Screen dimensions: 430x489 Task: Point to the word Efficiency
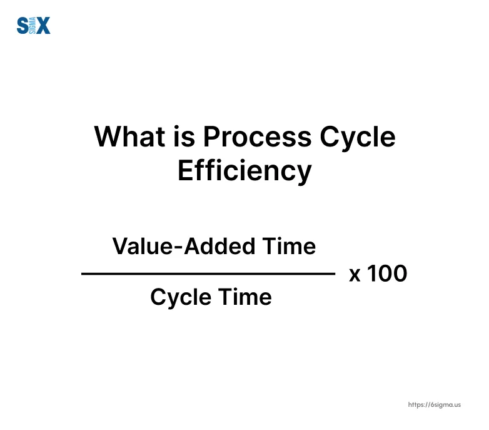tap(244, 171)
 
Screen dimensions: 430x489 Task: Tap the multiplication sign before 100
tap(355, 274)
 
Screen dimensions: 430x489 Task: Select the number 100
tap(386, 274)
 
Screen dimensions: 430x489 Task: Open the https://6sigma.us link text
tap(434, 405)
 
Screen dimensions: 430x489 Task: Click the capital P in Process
tap(211, 137)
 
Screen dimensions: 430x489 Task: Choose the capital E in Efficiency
tap(185, 171)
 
